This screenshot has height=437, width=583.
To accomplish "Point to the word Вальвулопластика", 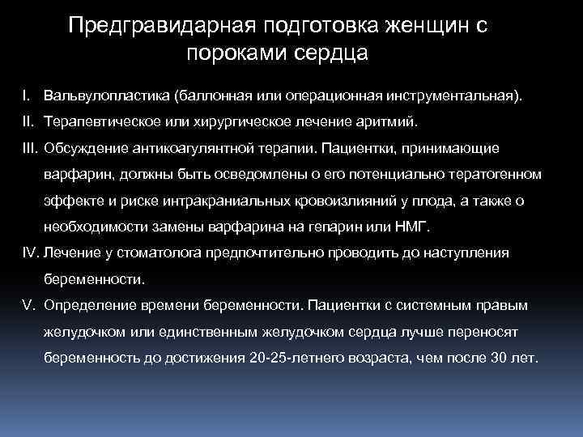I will point(106,96).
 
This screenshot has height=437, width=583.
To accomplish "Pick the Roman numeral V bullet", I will point(29,306).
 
